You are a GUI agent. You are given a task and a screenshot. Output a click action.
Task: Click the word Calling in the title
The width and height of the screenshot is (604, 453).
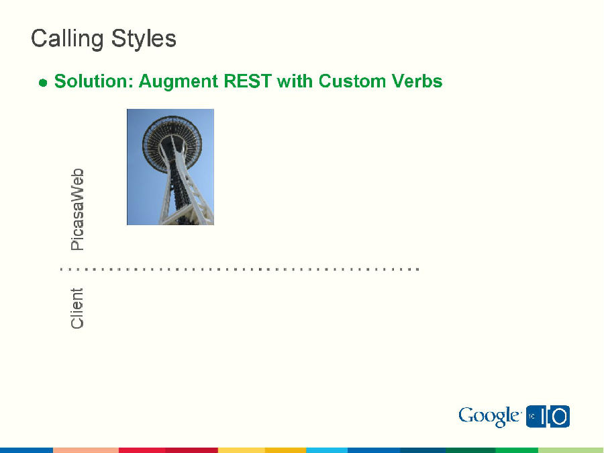pyautogui.click(x=64, y=39)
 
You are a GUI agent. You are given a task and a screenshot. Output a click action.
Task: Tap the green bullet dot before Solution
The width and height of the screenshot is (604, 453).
pyautogui.click(x=43, y=83)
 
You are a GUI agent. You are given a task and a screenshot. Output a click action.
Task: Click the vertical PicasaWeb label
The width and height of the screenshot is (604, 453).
pyautogui.click(x=78, y=210)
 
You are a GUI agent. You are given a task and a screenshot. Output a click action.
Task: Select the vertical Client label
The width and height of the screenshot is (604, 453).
pyautogui.click(x=78, y=308)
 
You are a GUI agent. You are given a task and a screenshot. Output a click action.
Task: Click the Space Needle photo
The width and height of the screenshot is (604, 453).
pyautogui.click(x=170, y=167)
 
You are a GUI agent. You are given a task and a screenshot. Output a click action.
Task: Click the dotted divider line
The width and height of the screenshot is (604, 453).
pyautogui.click(x=239, y=269)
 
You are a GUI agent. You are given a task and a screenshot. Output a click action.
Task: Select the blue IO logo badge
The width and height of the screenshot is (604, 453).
pyautogui.click(x=548, y=417)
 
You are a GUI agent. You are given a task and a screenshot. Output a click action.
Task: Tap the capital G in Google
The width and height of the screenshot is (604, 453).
pyautogui.click(x=467, y=416)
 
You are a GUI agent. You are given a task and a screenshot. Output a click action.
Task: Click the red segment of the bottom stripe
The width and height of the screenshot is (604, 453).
pyautogui.click(x=142, y=450)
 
